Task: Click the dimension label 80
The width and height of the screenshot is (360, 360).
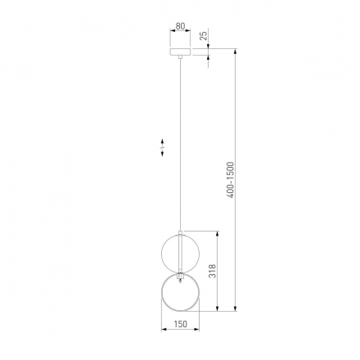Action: tap(180, 26)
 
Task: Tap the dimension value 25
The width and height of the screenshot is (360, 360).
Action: tap(204, 36)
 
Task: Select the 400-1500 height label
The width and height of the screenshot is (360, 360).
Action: tap(231, 180)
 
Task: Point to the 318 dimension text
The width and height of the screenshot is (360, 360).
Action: tap(212, 271)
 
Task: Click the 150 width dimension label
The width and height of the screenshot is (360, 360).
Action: tap(180, 324)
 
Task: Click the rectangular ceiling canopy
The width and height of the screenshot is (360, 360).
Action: tap(180, 52)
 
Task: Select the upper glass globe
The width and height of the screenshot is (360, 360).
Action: tap(180, 253)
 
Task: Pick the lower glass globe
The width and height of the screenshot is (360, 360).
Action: tap(180, 292)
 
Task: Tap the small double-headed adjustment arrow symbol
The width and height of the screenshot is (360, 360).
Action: tap(162, 147)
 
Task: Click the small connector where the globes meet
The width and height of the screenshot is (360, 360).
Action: tap(180, 276)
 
